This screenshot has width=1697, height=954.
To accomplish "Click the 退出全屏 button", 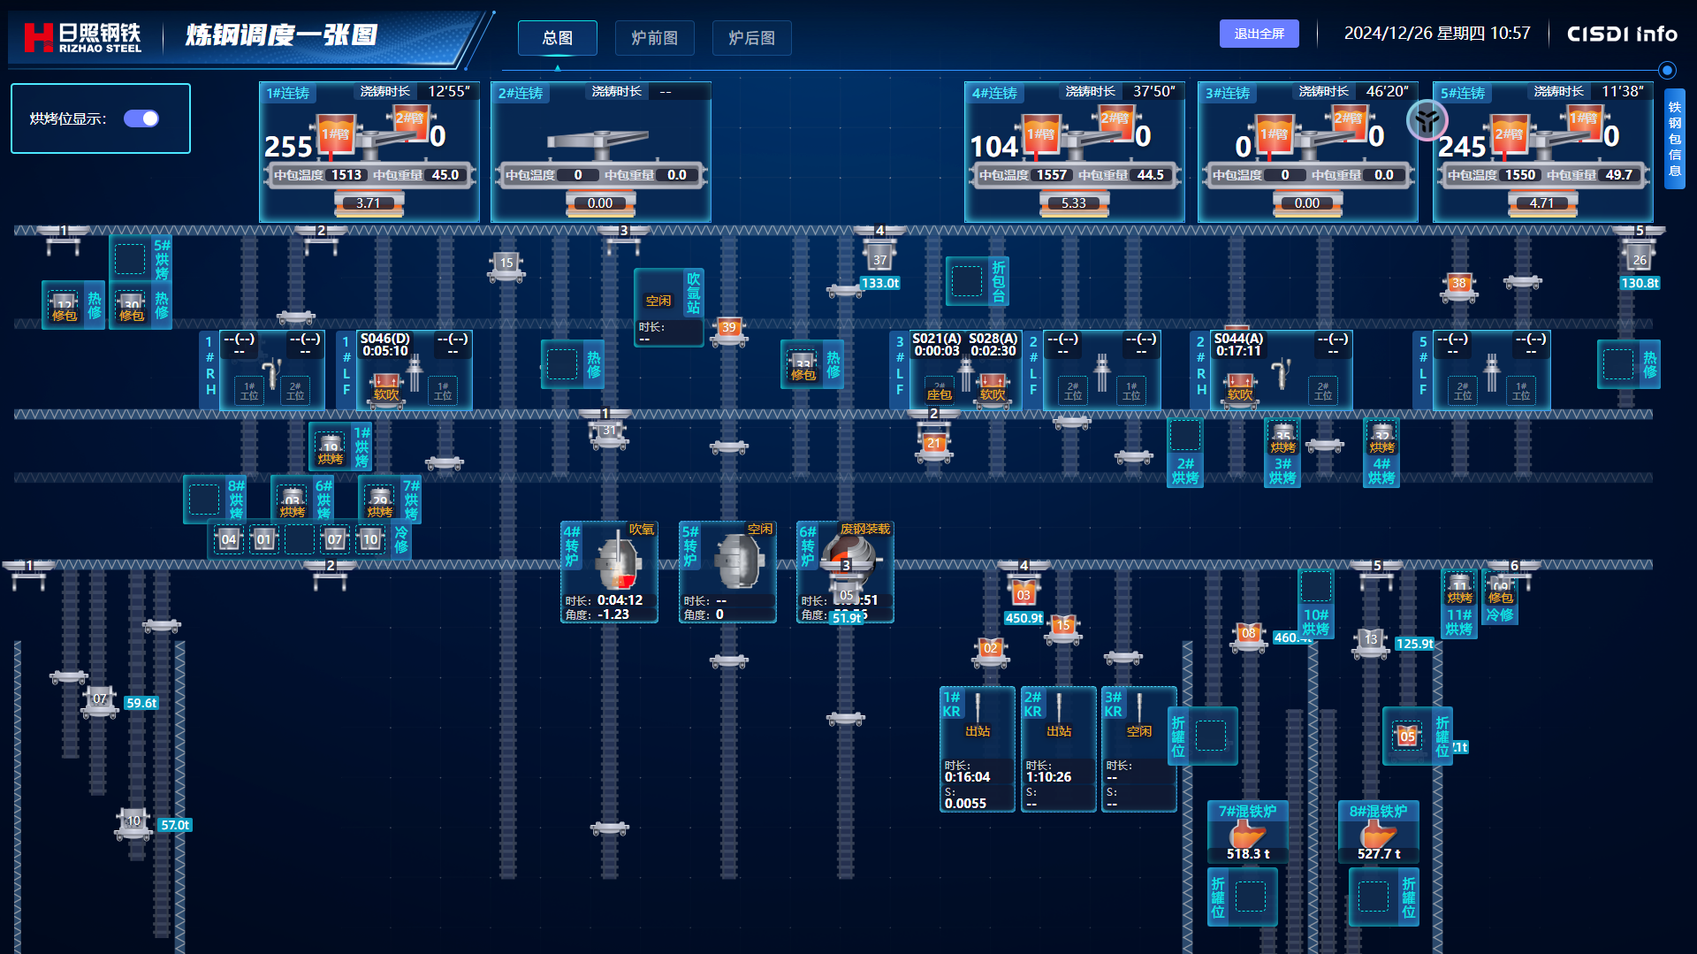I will [x=1259, y=34].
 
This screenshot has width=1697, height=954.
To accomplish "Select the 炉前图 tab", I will [x=654, y=38].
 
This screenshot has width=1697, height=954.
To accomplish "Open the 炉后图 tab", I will [x=751, y=38].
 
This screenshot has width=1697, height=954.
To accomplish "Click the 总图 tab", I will [x=557, y=38].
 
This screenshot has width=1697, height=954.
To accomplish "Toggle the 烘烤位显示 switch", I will [x=141, y=118].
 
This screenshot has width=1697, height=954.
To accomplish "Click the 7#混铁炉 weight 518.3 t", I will [x=1247, y=854].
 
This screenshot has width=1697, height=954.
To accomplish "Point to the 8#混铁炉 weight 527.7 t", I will [x=1379, y=854].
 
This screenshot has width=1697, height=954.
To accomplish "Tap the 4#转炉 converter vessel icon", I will [x=617, y=562].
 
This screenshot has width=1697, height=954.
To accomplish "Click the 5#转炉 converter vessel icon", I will [x=737, y=561].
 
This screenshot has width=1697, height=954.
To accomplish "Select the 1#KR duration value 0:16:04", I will [x=967, y=777].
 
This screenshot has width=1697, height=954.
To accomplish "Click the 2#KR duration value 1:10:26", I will [x=1048, y=777].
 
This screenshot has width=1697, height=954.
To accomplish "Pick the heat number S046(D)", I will [x=384, y=339].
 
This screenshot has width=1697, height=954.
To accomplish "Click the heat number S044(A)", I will [x=1238, y=339].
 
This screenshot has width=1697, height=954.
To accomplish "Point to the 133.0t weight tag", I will [x=880, y=284].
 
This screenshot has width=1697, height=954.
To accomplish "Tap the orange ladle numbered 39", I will [x=728, y=328].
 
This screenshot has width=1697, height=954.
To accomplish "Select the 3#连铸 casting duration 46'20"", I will [x=1387, y=92].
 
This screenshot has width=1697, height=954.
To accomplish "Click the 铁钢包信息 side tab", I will [x=1674, y=139].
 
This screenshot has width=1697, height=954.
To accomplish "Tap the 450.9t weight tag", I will [x=1024, y=619].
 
